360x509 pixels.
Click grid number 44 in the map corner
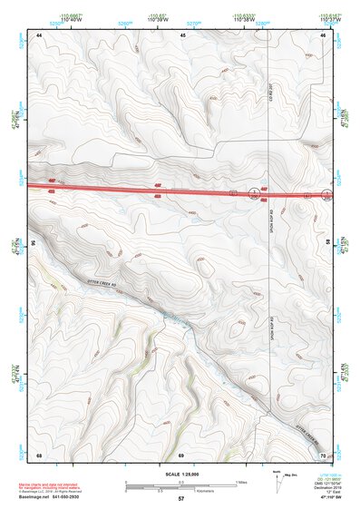pyautogui.click(x=40, y=34)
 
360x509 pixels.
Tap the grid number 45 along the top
pyautogui.click(x=183, y=34)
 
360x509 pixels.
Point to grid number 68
pyautogui.click(x=40, y=454)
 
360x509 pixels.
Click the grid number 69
pyautogui.click(x=181, y=454)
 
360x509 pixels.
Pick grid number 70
pyautogui.click(x=323, y=454)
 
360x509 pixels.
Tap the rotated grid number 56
pyautogui.click(x=34, y=243)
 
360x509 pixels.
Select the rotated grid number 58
pyautogui.click(x=327, y=243)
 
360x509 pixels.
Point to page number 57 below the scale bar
pyautogui.click(x=180, y=499)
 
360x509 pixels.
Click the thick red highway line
pyautogui.click(x=136, y=187)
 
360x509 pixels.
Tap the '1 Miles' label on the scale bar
pyautogui.click(x=241, y=480)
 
